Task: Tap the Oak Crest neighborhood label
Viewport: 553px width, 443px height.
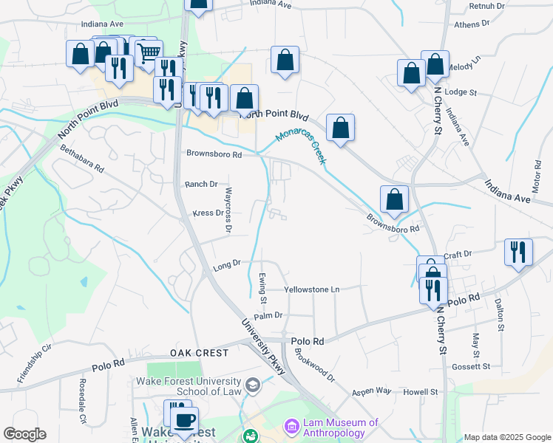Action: click(x=199, y=354)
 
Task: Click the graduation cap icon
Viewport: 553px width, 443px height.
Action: click(x=253, y=385)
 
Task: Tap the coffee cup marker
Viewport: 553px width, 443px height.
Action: click(x=184, y=419)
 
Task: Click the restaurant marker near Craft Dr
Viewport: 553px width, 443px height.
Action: click(x=518, y=252)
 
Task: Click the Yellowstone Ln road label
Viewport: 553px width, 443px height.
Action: click(x=312, y=290)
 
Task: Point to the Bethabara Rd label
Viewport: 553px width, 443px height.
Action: click(x=82, y=158)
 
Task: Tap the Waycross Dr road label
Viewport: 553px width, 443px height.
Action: click(x=228, y=211)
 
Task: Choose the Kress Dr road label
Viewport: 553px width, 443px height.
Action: click(x=208, y=213)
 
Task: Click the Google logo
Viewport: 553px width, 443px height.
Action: click(x=24, y=434)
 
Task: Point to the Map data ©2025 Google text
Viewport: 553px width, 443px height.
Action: click(x=506, y=437)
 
